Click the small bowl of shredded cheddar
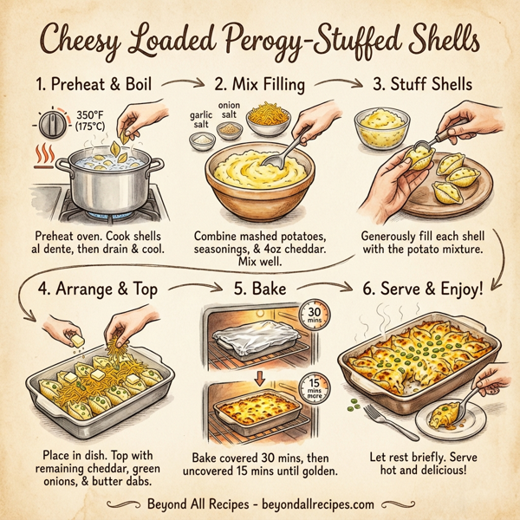(267, 119)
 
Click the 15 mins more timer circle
(313, 386)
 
